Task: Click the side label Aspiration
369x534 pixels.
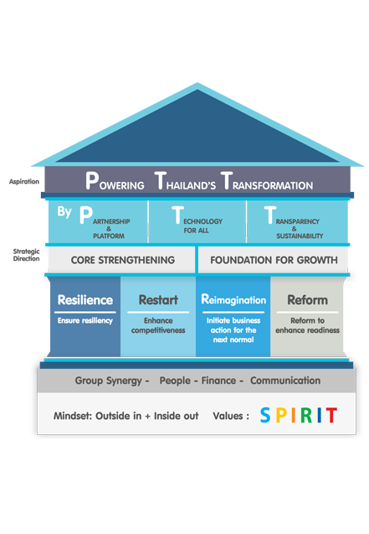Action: [24, 182]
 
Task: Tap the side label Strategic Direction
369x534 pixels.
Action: [26, 255]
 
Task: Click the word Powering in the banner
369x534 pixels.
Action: [115, 181]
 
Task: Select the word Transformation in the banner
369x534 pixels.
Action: [267, 181]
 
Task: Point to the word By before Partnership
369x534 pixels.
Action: [64, 212]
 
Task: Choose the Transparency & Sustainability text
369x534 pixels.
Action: [294, 223]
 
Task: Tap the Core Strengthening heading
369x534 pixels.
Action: [123, 260]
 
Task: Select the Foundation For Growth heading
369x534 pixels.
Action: [274, 260]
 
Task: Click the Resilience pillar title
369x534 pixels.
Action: [85, 300]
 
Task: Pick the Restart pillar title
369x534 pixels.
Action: [158, 300]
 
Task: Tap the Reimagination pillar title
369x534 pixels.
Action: [233, 299]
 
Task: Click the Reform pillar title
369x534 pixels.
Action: [308, 300]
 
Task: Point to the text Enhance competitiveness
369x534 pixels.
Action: [158, 325]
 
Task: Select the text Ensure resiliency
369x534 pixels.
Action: [85, 321]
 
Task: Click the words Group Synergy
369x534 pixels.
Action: [109, 381]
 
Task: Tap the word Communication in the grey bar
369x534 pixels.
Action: [285, 381]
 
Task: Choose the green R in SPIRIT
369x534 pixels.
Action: [306, 415]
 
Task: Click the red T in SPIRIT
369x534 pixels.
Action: [331, 415]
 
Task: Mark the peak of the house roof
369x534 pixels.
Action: [197, 83]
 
